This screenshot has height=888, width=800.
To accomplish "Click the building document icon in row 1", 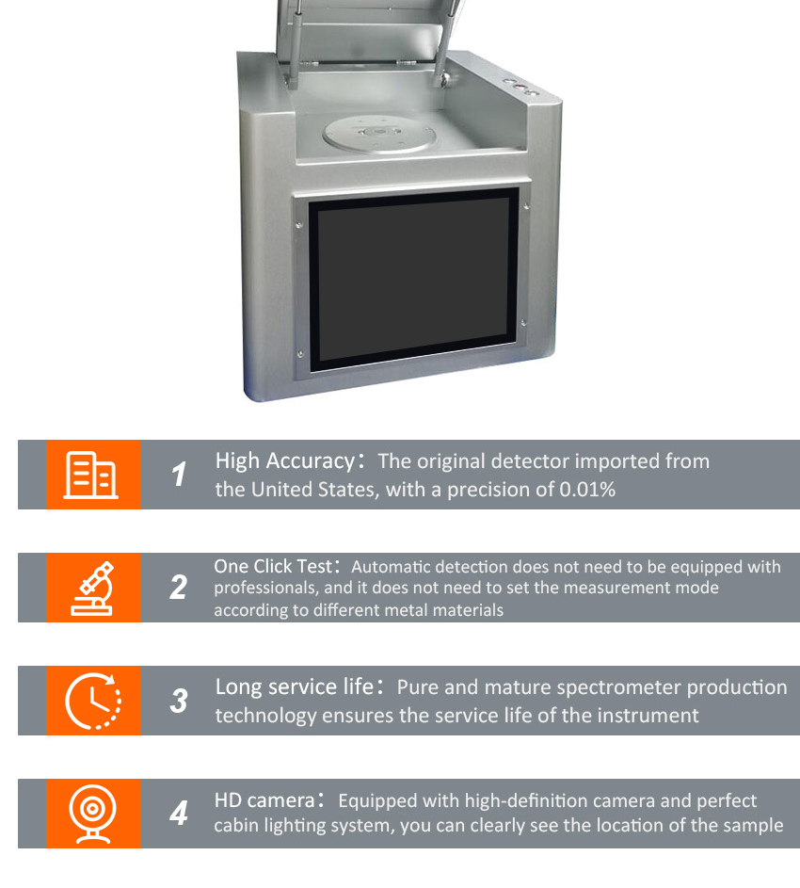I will click(91, 475).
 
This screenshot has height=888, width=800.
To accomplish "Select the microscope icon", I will click(92, 588).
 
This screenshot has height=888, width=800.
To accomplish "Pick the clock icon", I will click(92, 701).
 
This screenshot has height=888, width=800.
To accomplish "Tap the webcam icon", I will click(92, 813).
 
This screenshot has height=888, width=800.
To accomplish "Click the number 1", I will click(179, 475).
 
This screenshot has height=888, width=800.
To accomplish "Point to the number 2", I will click(179, 588).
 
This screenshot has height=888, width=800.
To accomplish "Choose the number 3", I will click(179, 701).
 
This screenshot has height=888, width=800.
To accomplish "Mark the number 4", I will click(179, 813).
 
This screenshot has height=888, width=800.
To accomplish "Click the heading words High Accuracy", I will click(283, 461).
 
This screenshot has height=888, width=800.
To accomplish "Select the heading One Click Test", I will click(273, 567).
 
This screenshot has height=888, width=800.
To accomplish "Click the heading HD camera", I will click(263, 800).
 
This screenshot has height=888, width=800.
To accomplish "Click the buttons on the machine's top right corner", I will click(520, 87).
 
